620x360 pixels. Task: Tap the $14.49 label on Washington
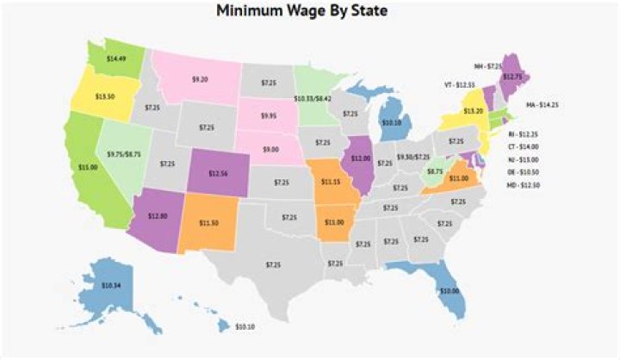tap(116, 59)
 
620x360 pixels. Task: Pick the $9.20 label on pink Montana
tap(200, 79)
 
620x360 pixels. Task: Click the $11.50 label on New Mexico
tap(210, 224)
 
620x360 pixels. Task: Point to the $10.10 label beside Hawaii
tap(245, 328)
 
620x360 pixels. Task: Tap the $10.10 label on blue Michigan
tap(392, 122)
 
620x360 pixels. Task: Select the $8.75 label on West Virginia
tap(435, 172)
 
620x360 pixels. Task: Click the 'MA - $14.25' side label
tap(553, 107)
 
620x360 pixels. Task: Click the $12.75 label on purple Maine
tap(512, 77)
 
